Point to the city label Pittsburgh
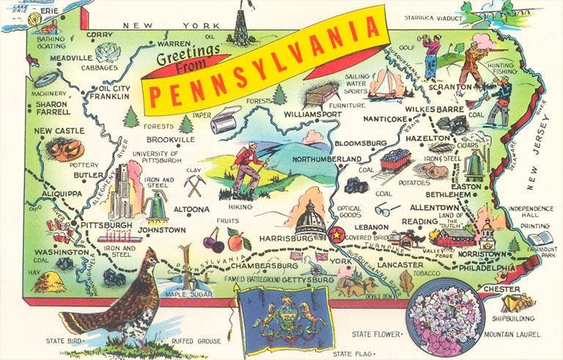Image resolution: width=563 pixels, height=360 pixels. point(106,225)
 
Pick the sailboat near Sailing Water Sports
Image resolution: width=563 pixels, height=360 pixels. point(383,84)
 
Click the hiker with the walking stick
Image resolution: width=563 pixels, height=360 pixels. point(247,165)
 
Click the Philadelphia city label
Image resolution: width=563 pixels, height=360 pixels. point(485,268)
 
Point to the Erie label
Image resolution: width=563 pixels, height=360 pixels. point(49,12)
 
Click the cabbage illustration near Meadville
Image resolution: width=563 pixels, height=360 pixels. point(108,52)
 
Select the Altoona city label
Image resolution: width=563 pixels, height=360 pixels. point(192,210)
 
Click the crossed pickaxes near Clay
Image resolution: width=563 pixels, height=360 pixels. point(194,185)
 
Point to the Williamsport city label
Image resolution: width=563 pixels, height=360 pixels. point(312,115)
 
